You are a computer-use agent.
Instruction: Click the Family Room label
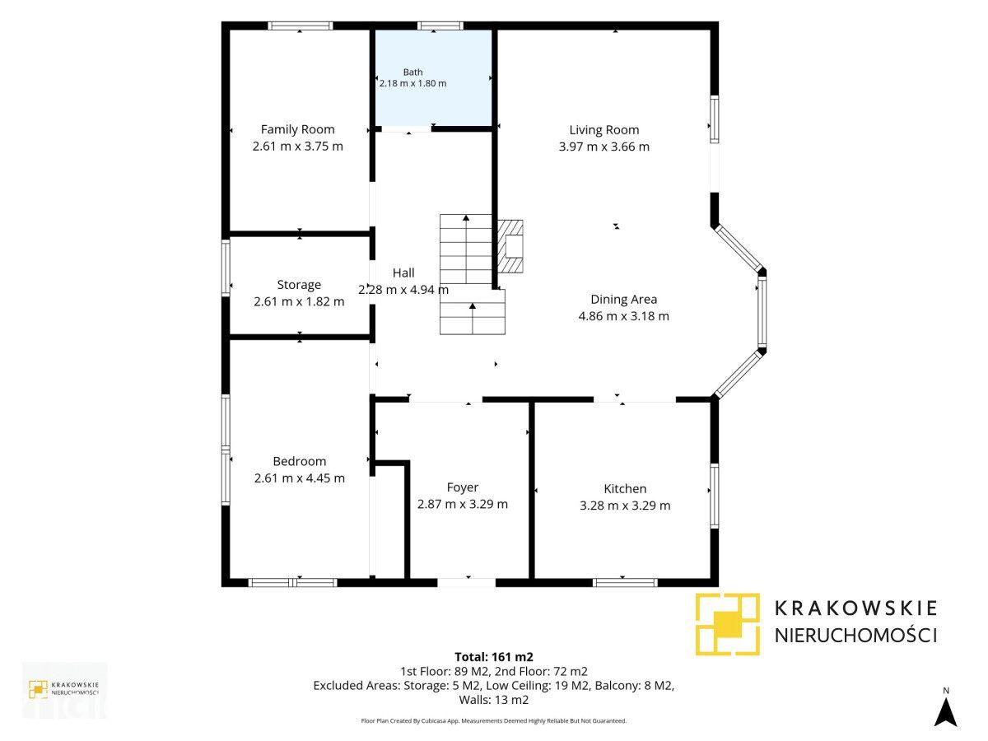(297, 129)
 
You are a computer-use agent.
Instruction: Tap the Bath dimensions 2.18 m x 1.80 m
(412, 83)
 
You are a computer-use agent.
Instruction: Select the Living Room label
(604, 130)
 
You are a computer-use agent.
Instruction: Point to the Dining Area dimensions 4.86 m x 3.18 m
(623, 316)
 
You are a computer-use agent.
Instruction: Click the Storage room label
(299, 285)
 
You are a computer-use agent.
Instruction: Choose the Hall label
(403, 273)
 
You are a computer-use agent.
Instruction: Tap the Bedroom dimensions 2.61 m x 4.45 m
(300, 478)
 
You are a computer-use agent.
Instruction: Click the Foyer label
(462, 487)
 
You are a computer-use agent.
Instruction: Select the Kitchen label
(625, 488)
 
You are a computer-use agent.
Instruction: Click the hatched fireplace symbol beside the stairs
(510, 246)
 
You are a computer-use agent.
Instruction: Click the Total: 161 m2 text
(494, 657)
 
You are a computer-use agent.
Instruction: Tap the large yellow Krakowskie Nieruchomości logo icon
(727, 624)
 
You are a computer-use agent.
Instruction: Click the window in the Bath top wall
(440, 26)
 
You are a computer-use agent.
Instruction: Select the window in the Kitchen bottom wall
(625, 583)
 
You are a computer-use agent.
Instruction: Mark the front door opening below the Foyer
(466, 583)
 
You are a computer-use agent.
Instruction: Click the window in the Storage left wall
(226, 268)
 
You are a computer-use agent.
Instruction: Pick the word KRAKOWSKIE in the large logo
(855, 608)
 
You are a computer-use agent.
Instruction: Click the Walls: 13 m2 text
(494, 700)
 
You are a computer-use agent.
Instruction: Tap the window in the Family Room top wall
(301, 26)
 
